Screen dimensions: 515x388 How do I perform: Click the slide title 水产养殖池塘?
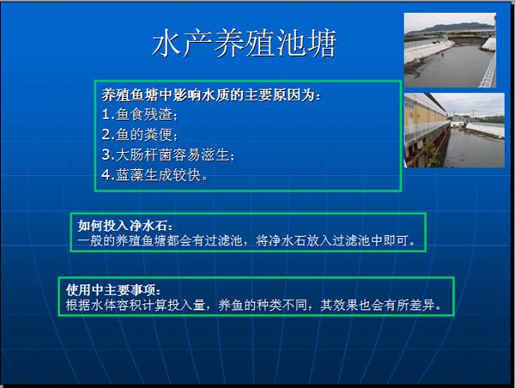[245, 43]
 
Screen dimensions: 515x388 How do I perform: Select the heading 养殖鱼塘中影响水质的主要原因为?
[211, 95]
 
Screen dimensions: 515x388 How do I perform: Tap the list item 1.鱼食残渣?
[140, 115]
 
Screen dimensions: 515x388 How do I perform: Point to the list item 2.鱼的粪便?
[140, 135]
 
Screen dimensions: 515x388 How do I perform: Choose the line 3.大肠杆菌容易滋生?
[168, 155]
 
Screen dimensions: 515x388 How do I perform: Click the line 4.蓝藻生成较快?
[154, 175]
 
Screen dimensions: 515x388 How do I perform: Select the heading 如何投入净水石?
[124, 226]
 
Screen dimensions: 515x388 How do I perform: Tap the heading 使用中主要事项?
[113, 290]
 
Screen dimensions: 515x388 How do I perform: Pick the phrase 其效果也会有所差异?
[380, 305]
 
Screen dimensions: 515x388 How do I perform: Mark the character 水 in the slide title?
[167, 43]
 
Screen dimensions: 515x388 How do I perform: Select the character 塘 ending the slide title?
[322, 43]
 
